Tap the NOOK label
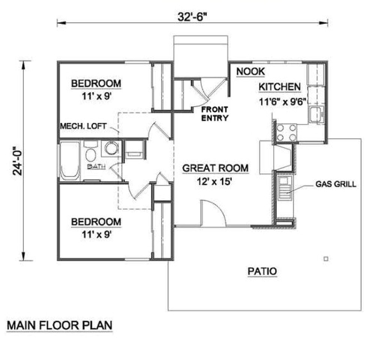tap(250, 71)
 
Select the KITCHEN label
tap(279, 87)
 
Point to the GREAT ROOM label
tap(215, 168)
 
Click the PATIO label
tap(262, 271)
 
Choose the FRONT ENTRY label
tap(214, 114)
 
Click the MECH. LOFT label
tap(83, 126)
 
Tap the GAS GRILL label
tap(336, 184)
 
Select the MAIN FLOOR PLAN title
tap(60, 325)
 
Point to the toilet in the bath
tap(90, 153)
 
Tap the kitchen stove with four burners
tap(286, 133)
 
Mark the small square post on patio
tap(326, 258)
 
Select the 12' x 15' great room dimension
tap(215, 181)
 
